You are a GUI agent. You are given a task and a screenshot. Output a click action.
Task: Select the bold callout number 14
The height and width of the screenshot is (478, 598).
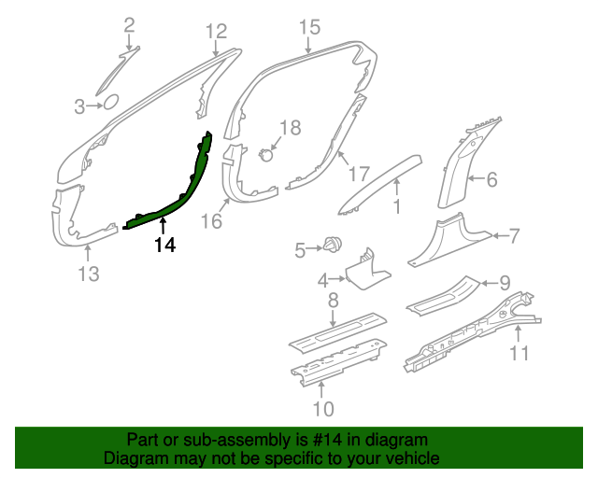[165, 245]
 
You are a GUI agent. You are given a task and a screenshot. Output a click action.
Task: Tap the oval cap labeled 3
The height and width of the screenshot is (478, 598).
[111, 102]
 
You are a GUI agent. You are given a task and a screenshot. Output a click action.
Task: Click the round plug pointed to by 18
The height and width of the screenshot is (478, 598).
[265, 155]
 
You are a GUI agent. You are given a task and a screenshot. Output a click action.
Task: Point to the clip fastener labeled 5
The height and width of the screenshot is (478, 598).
[333, 244]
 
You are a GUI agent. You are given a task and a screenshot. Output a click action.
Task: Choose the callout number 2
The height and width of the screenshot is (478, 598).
[130, 25]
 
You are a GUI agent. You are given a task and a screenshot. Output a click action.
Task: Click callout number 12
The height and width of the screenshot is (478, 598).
[217, 31]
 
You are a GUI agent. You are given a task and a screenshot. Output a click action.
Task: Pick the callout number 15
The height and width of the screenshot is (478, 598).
[309, 28]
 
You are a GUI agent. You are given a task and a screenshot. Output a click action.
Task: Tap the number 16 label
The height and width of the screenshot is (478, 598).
[211, 221]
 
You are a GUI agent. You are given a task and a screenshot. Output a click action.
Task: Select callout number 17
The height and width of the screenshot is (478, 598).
[359, 175]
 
